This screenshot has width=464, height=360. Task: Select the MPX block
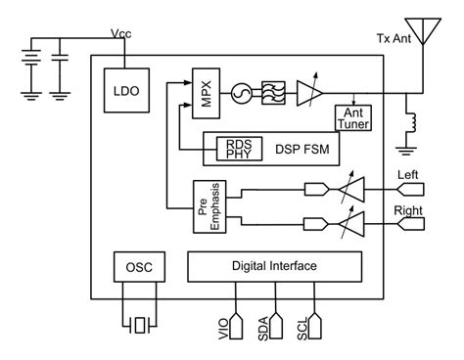pos(203,89)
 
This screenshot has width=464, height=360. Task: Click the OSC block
pos(137,266)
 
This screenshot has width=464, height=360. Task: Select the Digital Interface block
pos(274,266)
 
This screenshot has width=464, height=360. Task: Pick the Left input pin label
pos(409,175)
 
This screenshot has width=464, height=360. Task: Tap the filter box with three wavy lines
pos(265,90)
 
